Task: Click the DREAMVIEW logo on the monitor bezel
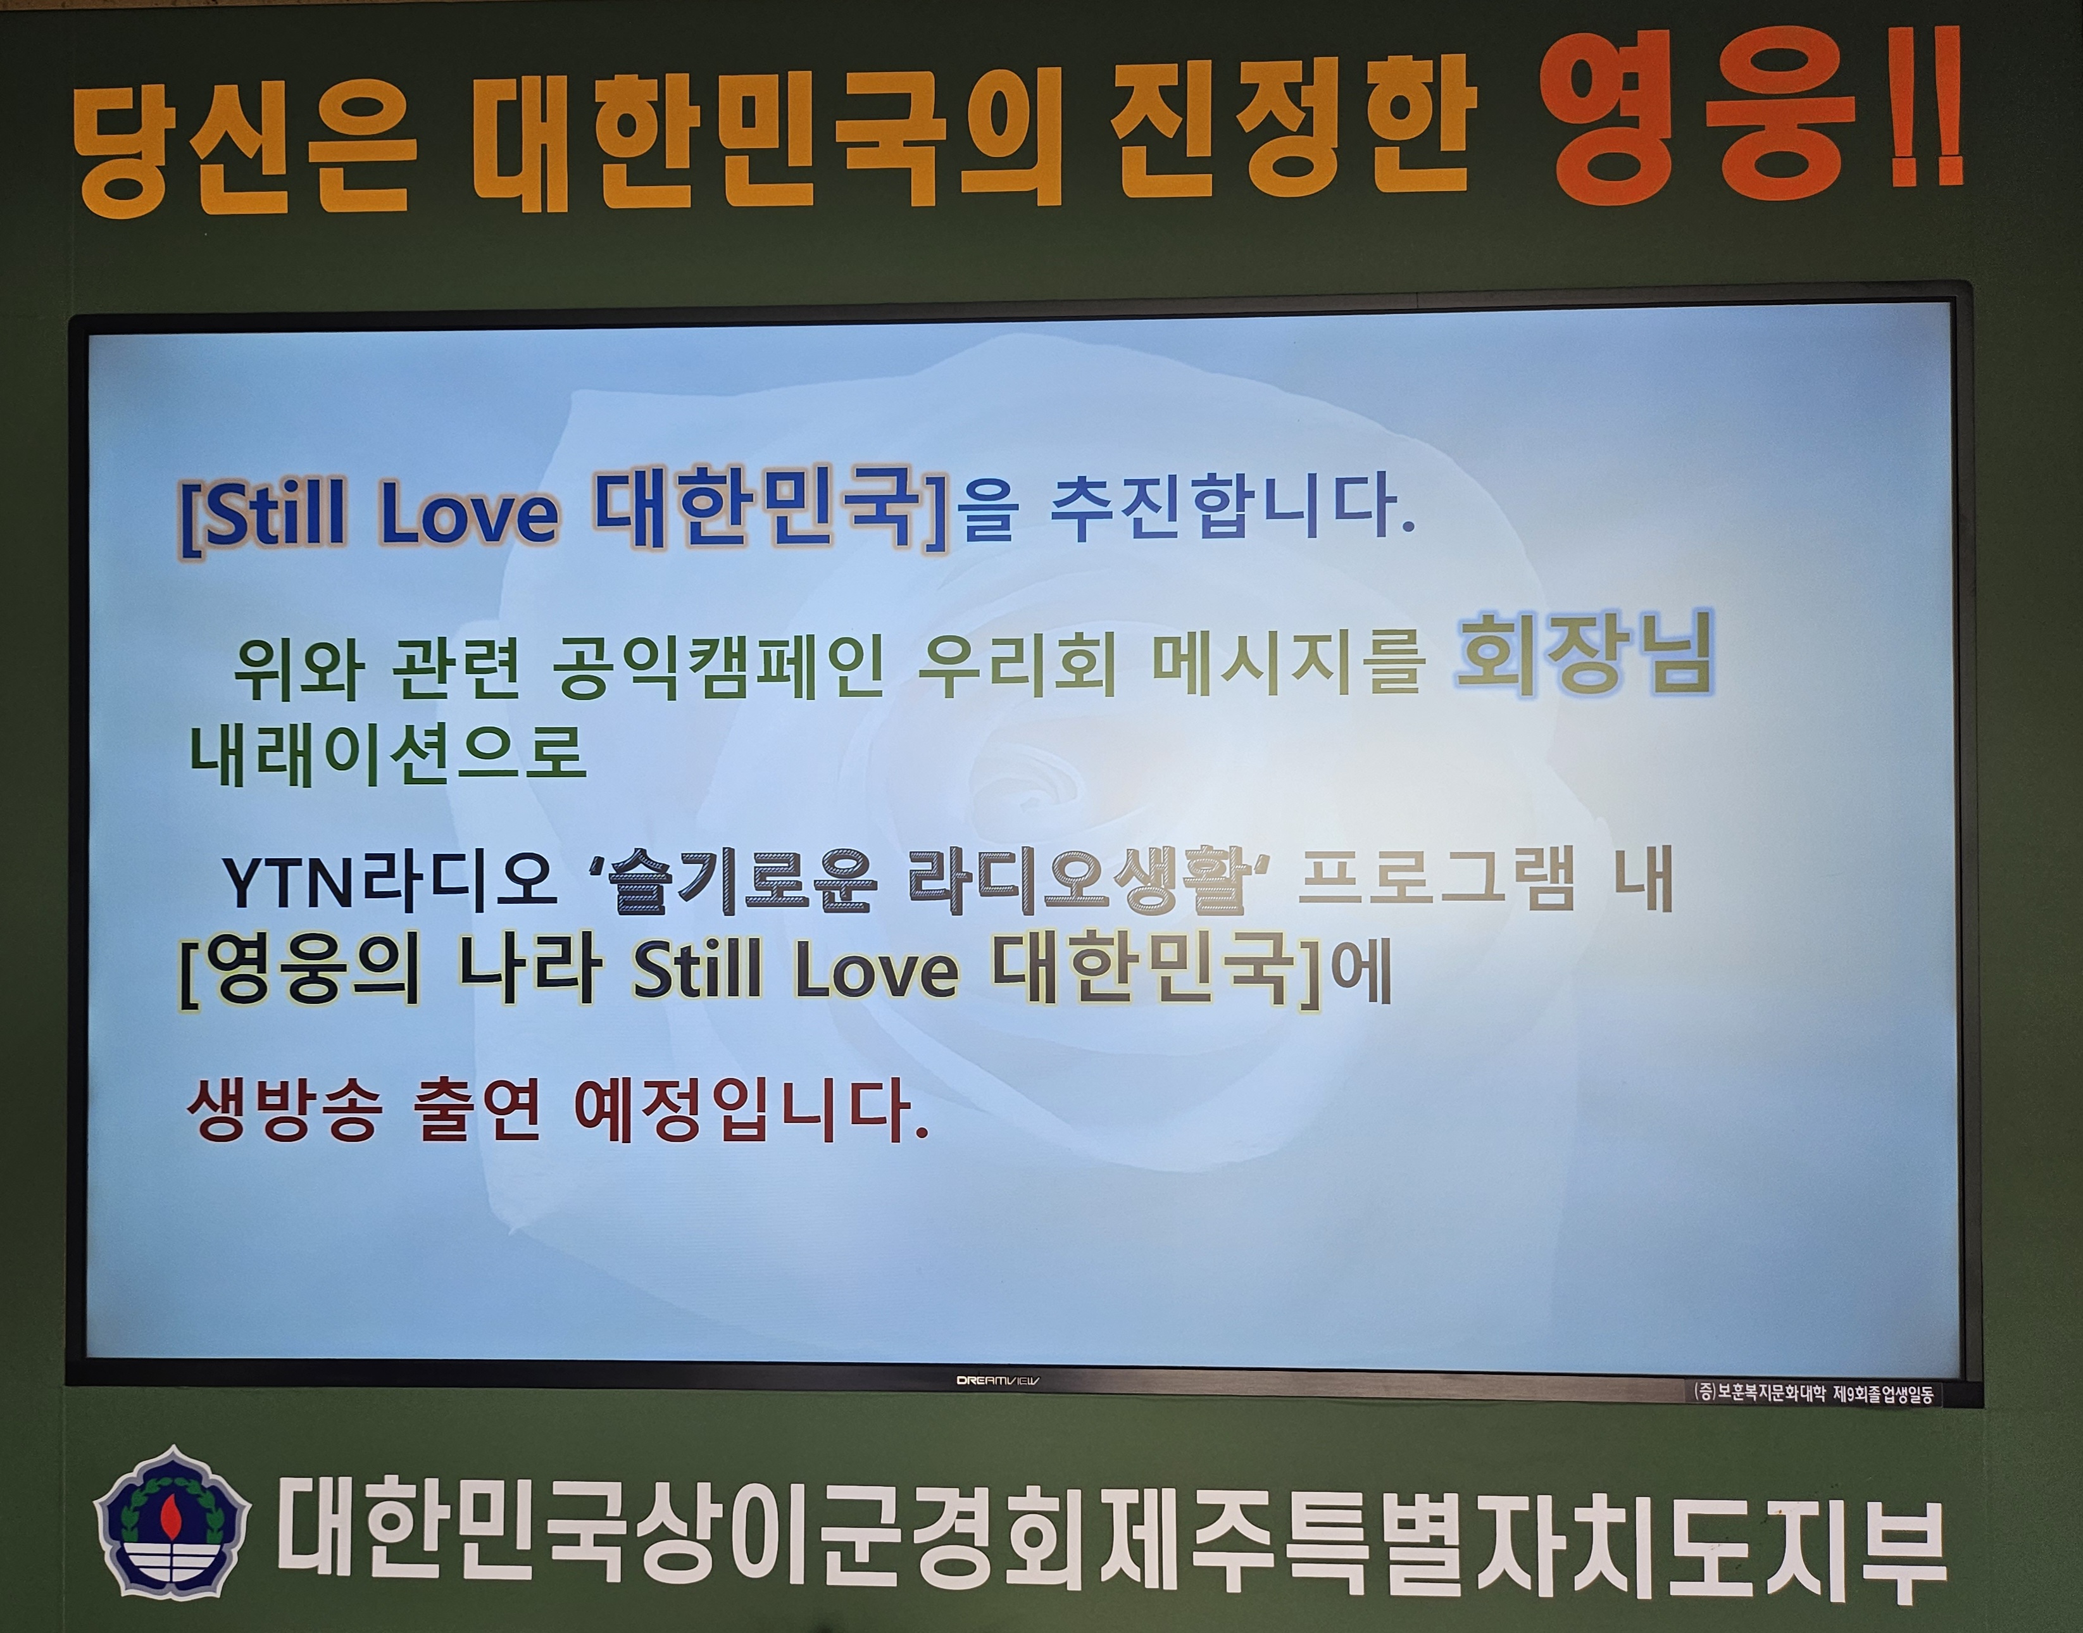point(998,1380)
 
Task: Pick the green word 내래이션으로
point(387,754)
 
